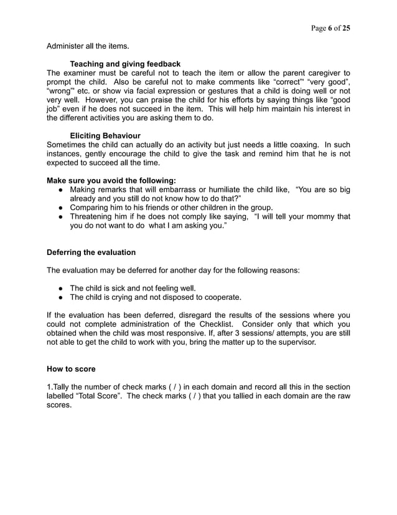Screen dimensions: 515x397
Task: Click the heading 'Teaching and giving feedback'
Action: [125, 64]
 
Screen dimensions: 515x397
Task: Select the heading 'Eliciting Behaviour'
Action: [105, 135]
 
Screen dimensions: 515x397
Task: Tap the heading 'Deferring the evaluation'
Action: [91, 253]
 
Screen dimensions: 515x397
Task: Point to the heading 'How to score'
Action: [72, 369]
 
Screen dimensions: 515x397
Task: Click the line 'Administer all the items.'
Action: [88, 46]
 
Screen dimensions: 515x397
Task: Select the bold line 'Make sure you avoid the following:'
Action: [111, 180]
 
